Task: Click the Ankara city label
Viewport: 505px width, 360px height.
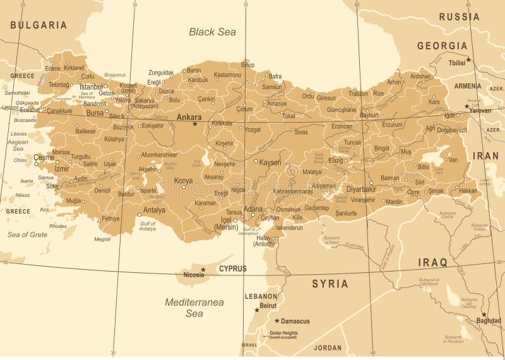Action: (x=189, y=117)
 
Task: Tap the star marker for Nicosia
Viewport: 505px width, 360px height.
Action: (x=203, y=269)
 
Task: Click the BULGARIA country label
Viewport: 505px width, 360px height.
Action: (x=38, y=25)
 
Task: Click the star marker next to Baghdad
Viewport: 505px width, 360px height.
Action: (x=484, y=314)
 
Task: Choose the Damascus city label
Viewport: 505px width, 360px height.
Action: (x=295, y=321)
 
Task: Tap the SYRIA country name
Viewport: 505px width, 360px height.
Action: (x=330, y=284)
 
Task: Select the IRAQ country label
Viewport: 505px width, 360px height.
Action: (x=432, y=262)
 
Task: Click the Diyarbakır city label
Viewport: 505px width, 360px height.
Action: (x=361, y=189)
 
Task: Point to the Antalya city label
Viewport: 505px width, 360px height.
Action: (x=154, y=210)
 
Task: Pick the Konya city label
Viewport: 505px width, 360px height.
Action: (x=183, y=180)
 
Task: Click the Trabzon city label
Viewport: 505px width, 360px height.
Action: (x=358, y=93)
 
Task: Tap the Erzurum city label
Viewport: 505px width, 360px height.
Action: (x=392, y=124)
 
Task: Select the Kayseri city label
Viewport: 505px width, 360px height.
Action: (x=270, y=162)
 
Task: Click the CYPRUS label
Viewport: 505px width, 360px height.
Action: (x=232, y=268)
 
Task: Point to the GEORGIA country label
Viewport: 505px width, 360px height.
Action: (x=442, y=45)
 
